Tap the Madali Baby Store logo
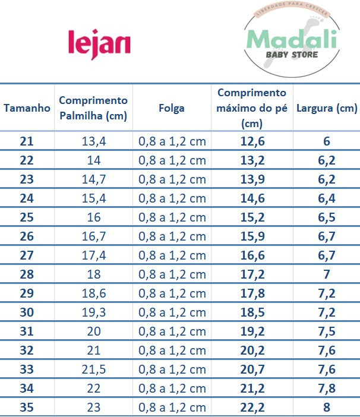(x=291, y=43)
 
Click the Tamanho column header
(x=27, y=108)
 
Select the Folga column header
(x=172, y=108)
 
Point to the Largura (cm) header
(x=327, y=108)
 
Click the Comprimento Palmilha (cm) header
(x=93, y=108)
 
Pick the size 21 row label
(x=27, y=141)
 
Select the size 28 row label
(x=27, y=274)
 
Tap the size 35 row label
(x=27, y=407)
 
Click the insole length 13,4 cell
(x=93, y=141)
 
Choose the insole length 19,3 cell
(x=93, y=312)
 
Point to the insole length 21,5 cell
(x=93, y=369)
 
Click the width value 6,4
(x=327, y=198)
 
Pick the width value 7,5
(x=327, y=331)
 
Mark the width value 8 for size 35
(x=327, y=407)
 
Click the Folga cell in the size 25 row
(x=172, y=217)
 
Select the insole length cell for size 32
(x=93, y=350)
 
